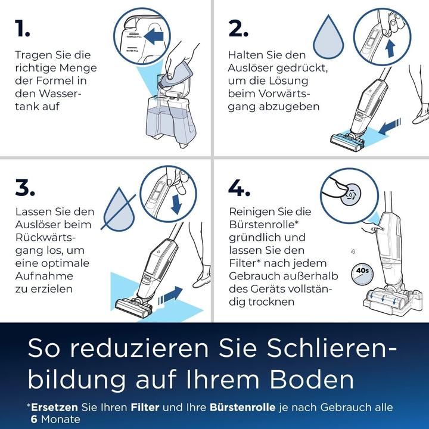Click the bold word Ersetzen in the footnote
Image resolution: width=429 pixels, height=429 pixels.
[55, 408]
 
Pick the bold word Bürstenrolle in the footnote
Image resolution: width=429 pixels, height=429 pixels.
[243, 408]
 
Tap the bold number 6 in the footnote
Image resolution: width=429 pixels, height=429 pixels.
[35, 419]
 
